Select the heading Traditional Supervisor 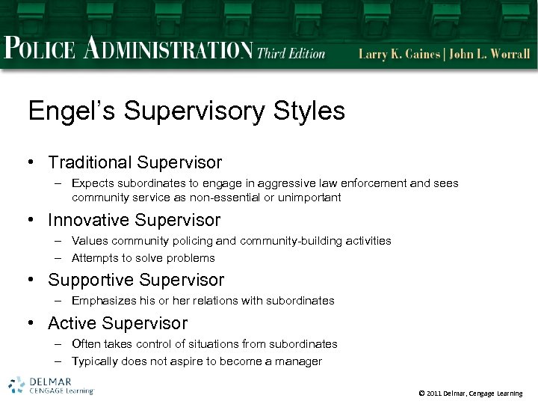[134, 162]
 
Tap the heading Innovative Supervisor [134, 221]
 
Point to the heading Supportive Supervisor [135, 281]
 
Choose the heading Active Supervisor [117, 324]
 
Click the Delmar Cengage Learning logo [51, 385]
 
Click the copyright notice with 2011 [471, 394]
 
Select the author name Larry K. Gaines [401, 54]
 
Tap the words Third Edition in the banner [291, 53]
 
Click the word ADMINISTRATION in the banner [167, 50]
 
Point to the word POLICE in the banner [40, 50]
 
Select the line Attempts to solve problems [143, 258]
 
